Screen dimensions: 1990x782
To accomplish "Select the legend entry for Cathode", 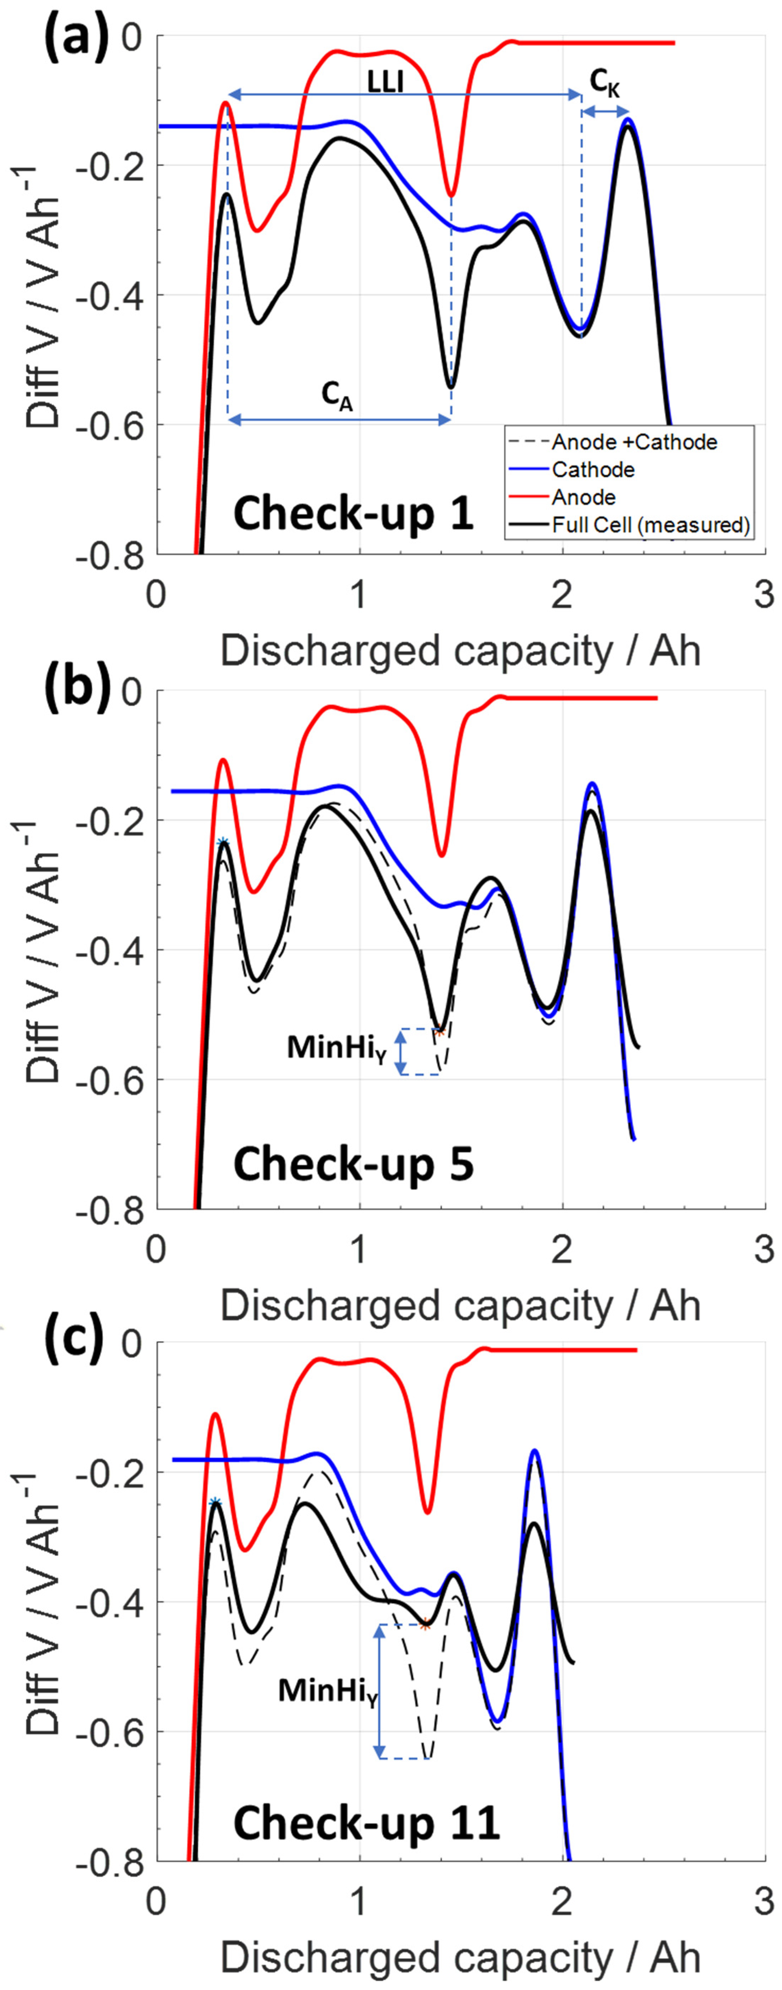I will click(x=593, y=470).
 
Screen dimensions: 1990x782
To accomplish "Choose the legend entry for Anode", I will click(x=583, y=497).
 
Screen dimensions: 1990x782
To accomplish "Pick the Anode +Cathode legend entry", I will click(x=634, y=442).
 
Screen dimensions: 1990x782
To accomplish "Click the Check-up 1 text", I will click(x=353, y=514).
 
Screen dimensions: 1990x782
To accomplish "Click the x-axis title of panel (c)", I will click(x=460, y=1958).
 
